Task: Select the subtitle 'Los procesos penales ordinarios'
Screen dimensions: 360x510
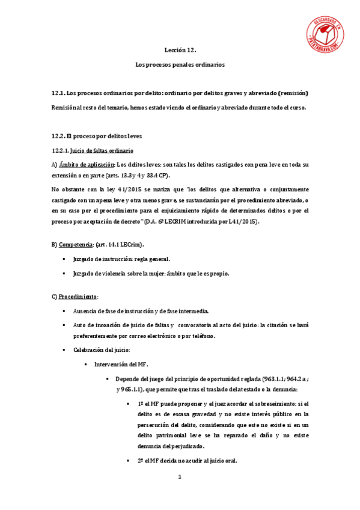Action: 180,65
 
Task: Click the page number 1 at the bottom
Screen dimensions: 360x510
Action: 179,477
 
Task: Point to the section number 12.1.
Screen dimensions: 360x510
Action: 58,93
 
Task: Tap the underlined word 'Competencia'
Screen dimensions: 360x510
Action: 76,245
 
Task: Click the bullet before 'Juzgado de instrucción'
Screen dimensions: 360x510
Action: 64,259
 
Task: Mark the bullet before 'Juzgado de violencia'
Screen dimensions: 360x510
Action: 64,273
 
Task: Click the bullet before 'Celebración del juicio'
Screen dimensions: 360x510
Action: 64,350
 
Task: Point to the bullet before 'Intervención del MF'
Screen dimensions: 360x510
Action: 86,364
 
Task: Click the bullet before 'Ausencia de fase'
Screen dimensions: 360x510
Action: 64,310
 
